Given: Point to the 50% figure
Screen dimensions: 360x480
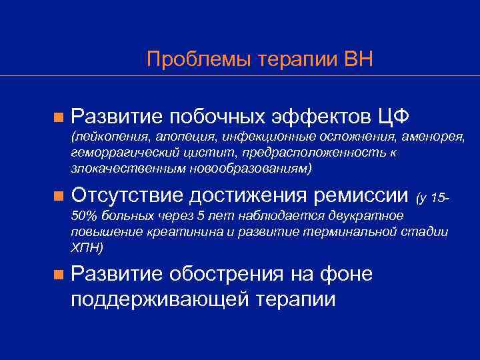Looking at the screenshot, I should pos(82,216).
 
